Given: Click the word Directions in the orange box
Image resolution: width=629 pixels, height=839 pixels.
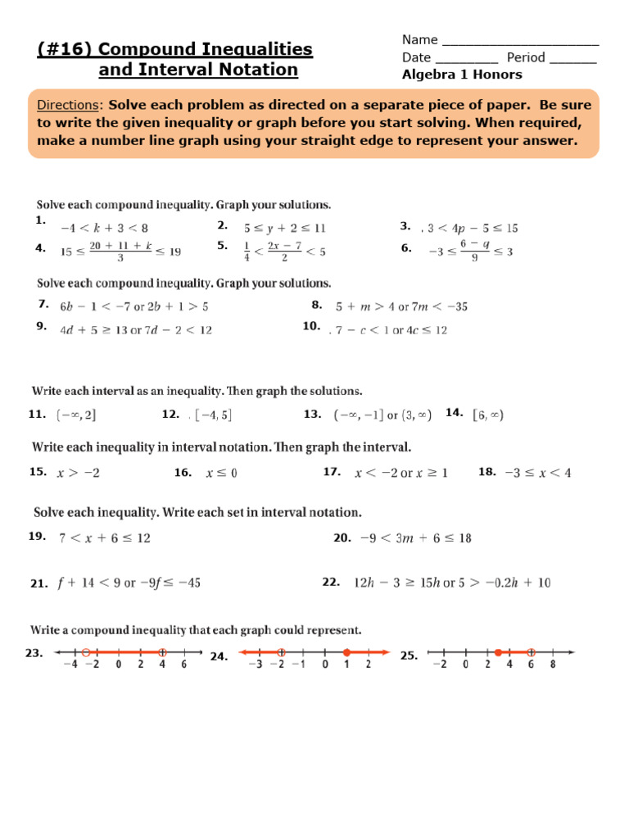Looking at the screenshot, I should pyautogui.click(x=69, y=106).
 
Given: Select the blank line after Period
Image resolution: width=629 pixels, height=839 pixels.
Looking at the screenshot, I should pyautogui.click(x=573, y=58).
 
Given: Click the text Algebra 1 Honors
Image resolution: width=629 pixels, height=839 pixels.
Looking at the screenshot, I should pyautogui.click(x=462, y=75).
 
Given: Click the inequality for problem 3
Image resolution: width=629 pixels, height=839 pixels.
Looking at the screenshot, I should pyautogui.click(x=472, y=228).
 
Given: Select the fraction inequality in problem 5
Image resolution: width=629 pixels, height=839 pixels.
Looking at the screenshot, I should pyautogui.click(x=284, y=250).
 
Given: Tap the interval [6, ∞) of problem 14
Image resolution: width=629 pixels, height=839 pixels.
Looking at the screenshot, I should pyautogui.click(x=488, y=415).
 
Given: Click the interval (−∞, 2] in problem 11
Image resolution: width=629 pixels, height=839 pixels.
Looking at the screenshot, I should pyautogui.click(x=75, y=415).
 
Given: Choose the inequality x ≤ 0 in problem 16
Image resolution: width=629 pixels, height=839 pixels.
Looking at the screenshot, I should pyautogui.click(x=221, y=473).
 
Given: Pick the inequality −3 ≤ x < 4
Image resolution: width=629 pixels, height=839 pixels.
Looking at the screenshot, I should pyautogui.click(x=537, y=473).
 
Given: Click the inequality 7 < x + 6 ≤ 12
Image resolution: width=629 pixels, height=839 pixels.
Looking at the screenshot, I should pyautogui.click(x=104, y=538).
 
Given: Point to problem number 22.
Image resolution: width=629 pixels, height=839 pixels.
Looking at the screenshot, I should pyautogui.click(x=331, y=582).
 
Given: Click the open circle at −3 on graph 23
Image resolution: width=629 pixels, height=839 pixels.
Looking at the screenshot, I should pyautogui.click(x=85, y=653).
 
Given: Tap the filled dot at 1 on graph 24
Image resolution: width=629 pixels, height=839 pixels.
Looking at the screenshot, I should pyautogui.click(x=346, y=653).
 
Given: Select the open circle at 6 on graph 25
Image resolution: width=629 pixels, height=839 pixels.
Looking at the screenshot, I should pyautogui.click(x=531, y=653).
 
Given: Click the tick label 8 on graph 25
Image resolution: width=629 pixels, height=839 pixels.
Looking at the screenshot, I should pyautogui.click(x=553, y=665).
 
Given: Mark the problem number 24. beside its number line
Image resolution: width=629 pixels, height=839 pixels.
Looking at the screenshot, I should pyautogui.click(x=219, y=656).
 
